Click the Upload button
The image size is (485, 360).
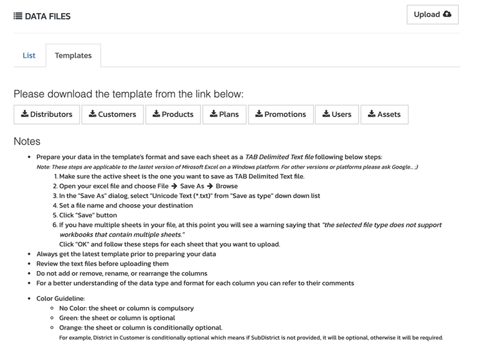pos(432,15)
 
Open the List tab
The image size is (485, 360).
pos(29,55)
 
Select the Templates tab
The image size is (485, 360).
pos(73,55)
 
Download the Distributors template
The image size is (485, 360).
pos(47,115)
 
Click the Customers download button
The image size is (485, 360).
pos(112,115)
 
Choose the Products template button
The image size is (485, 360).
pos(173,115)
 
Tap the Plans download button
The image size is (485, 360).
pos(224,115)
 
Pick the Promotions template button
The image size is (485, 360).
pos(281,115)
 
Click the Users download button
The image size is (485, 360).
pos(337,115)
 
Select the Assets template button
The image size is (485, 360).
pos(384,115)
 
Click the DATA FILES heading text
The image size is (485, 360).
pos(47,16)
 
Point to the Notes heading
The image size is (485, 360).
pos(27,141)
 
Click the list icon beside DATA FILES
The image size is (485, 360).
pos(17,16)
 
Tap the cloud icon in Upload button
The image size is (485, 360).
pos(447,14)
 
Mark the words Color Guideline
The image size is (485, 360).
pos(62,298)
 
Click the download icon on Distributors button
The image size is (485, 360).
pos(25,114)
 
